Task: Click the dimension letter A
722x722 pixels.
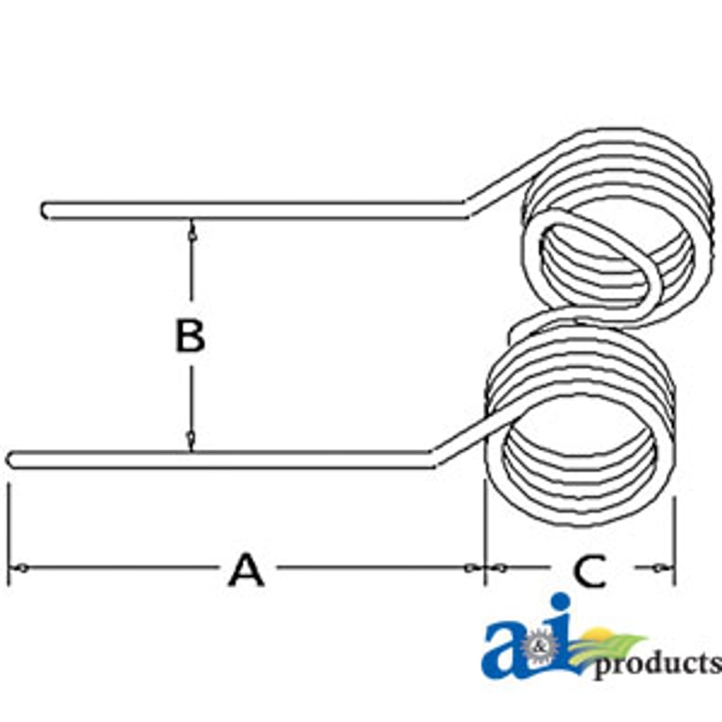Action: pos(246,570)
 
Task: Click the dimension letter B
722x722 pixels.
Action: pos(190,336)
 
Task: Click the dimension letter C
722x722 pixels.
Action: pos(590,571)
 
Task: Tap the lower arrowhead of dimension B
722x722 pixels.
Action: pos(190,441)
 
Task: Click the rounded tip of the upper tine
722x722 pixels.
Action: pos(45,210)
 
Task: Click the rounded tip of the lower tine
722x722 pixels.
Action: pos(11,459)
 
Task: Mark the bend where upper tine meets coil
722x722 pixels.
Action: pos(466,208)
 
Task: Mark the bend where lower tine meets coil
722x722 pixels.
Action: pos(432,458)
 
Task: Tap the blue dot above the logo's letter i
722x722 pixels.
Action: pos(560,602)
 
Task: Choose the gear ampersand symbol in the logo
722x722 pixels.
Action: pos(538,648)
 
